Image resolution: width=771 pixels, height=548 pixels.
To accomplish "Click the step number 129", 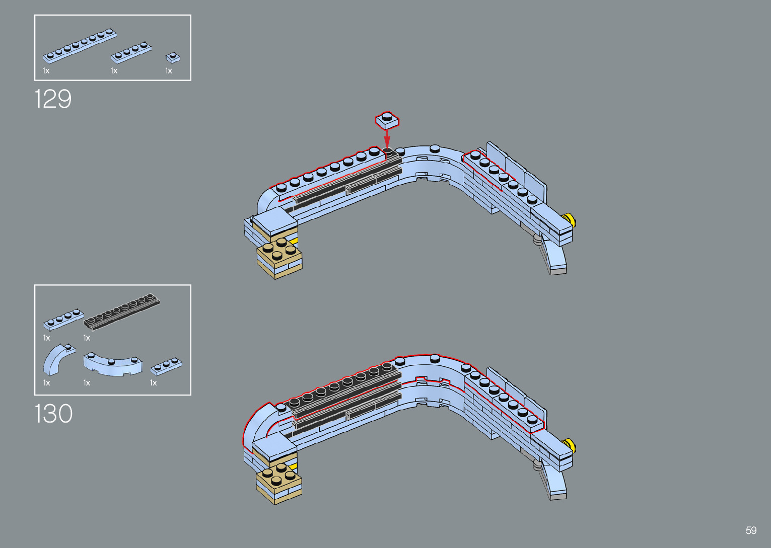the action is [53, 99].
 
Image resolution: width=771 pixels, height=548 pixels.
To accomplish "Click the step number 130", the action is [53, 414].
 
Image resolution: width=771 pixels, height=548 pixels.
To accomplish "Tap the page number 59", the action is [751, 530].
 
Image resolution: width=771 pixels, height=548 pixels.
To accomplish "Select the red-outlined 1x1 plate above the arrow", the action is [387, 121].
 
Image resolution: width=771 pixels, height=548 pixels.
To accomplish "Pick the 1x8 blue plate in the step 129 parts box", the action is [80, 46].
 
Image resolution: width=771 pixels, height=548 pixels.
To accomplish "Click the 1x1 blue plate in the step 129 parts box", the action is [173, 58].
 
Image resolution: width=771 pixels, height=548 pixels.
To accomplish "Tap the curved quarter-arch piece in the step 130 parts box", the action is [57, 358].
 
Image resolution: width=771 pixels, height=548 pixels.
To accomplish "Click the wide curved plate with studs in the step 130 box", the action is [113, 364].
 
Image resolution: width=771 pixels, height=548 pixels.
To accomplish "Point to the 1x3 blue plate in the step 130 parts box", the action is [166, 366].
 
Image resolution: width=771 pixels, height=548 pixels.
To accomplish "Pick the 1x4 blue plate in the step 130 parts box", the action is [63, 320].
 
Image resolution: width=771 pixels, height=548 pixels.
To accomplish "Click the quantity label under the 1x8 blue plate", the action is [46, 71].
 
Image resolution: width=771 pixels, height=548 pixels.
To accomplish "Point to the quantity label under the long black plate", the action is [87, 338].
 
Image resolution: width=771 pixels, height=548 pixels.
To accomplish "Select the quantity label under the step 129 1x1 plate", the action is [169, 71].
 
